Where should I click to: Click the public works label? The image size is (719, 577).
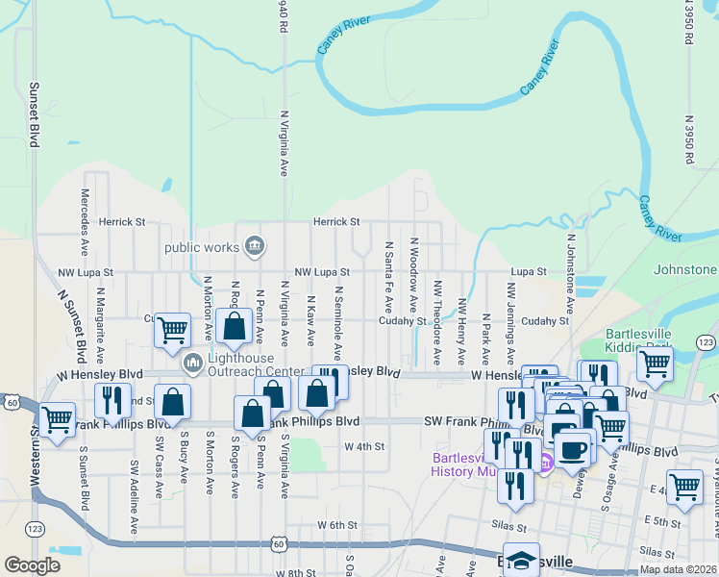(202, 247)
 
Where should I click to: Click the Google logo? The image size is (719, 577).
(32, 565)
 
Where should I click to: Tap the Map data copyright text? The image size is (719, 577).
(678, 569)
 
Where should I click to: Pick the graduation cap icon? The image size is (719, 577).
(522, 562)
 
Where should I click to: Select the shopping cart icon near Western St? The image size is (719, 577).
(58, 418)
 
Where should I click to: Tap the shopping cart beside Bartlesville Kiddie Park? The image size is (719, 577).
(655, 363)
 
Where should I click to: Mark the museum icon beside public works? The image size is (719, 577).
(254, 246)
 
